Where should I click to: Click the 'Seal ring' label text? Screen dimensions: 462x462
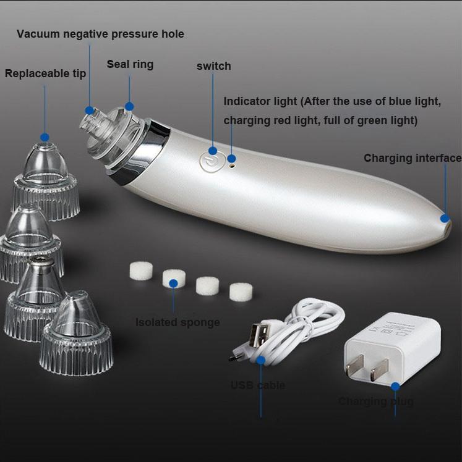[x=130, y=64]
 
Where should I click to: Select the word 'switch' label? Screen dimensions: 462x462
[x=213, y=66]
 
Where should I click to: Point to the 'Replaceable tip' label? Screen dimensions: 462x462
[x=45, y=74]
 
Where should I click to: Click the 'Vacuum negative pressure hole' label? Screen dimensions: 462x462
[x=100, y=34]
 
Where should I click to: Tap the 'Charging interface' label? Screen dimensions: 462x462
[x=412, y=158]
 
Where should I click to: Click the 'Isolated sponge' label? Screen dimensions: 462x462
[x=178, y=322]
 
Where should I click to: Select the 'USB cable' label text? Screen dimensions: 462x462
[x=258, y=385]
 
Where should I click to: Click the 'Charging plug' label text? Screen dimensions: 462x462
[x=375, y=401]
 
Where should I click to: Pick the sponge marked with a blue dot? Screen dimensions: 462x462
[x=174, y=279]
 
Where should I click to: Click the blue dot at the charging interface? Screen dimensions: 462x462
[x=444, y=218]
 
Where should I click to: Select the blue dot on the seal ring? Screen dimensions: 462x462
[x=129, y=107]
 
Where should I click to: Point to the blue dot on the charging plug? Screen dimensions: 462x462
[x=395, y=386]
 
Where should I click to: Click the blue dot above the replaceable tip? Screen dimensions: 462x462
[x=45, y=137]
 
